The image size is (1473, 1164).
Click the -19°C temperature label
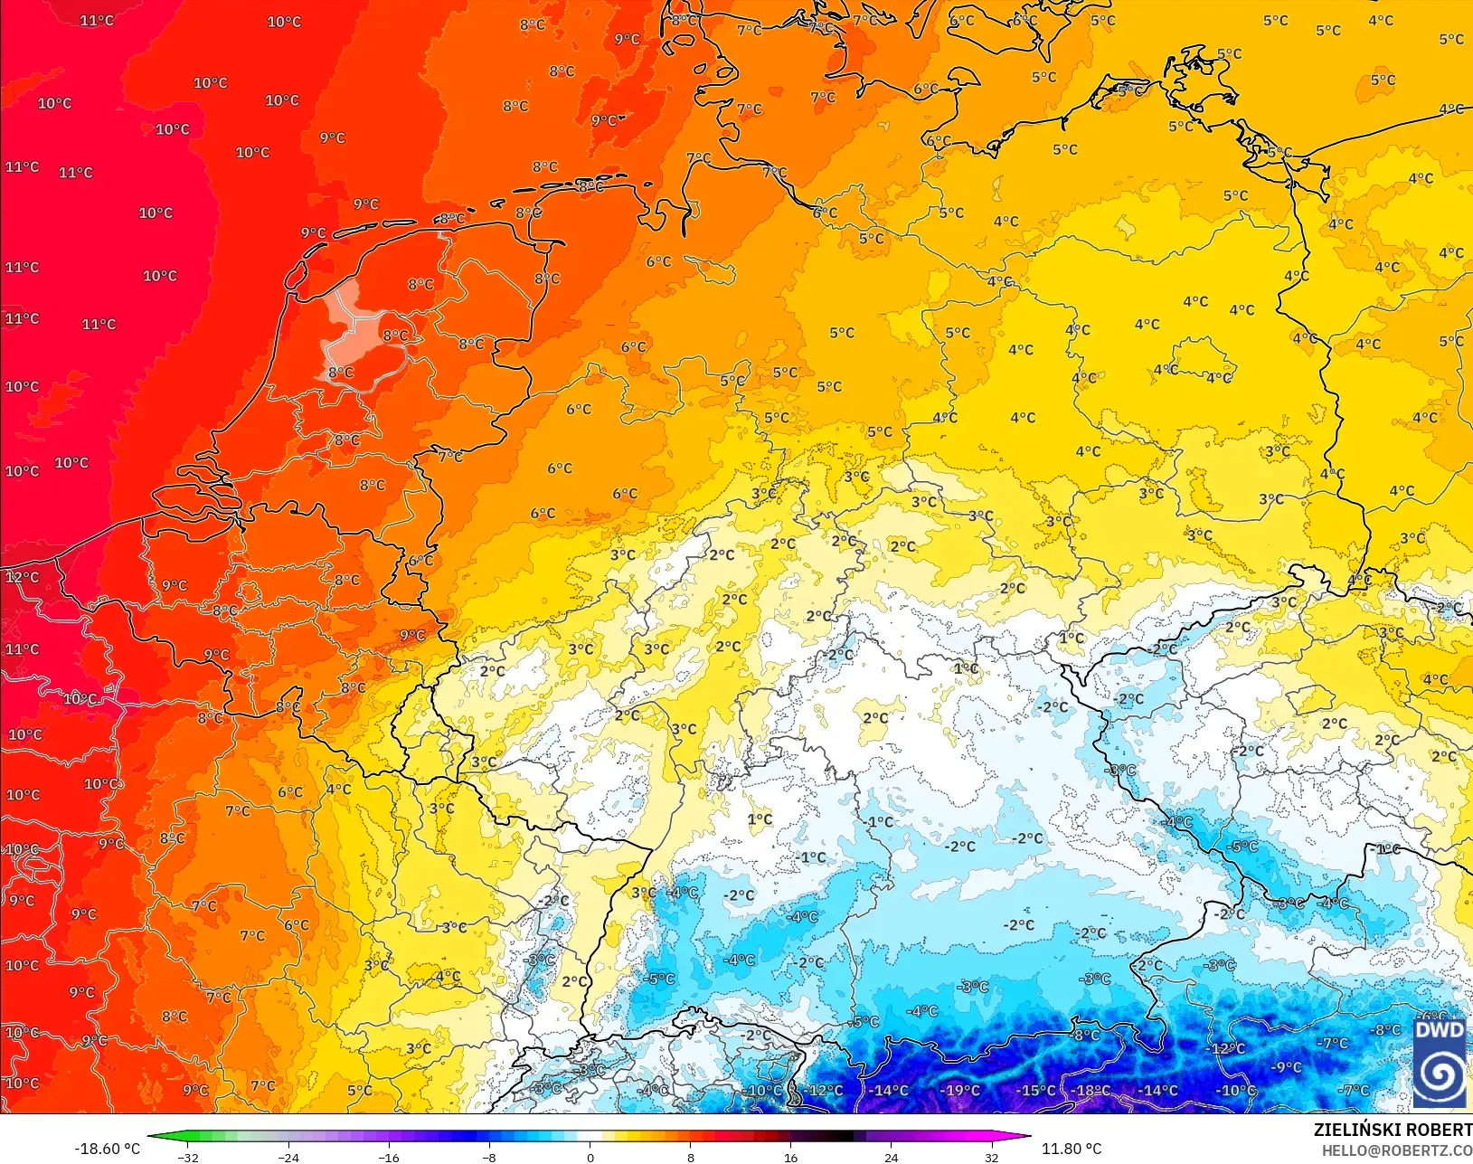960,1090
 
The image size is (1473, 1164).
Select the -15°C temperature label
1035,1090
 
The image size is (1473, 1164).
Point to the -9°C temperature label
1286,1067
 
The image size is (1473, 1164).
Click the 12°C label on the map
22,577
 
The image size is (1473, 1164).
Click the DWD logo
1440,1063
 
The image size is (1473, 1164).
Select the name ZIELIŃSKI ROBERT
1393,1130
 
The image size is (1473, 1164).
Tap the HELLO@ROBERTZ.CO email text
1397,1150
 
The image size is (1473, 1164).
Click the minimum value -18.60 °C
107,1149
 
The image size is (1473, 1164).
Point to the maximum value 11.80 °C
1072,1149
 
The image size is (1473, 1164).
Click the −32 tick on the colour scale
188,1157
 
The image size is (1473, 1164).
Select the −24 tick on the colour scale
288,1157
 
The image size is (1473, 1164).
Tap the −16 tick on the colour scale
389,1157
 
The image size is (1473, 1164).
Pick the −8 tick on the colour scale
489,1157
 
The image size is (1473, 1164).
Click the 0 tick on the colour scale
590,1157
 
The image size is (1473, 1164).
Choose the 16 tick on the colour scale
791,1157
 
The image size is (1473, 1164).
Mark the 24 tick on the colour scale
892,1157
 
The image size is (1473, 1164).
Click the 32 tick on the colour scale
992,1157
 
